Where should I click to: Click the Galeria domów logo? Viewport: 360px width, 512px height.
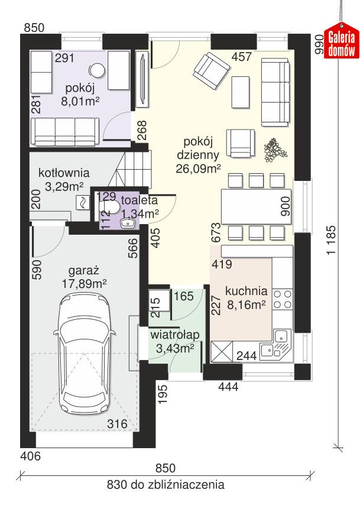pos(342,43)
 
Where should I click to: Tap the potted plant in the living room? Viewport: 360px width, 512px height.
pos(273,150)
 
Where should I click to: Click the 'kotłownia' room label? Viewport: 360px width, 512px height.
pos(64,173)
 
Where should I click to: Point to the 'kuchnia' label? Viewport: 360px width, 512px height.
pos(247,291)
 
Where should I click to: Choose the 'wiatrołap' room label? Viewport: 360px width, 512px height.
pos(174,335)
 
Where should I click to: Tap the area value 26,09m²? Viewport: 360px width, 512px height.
pos(198,168)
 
